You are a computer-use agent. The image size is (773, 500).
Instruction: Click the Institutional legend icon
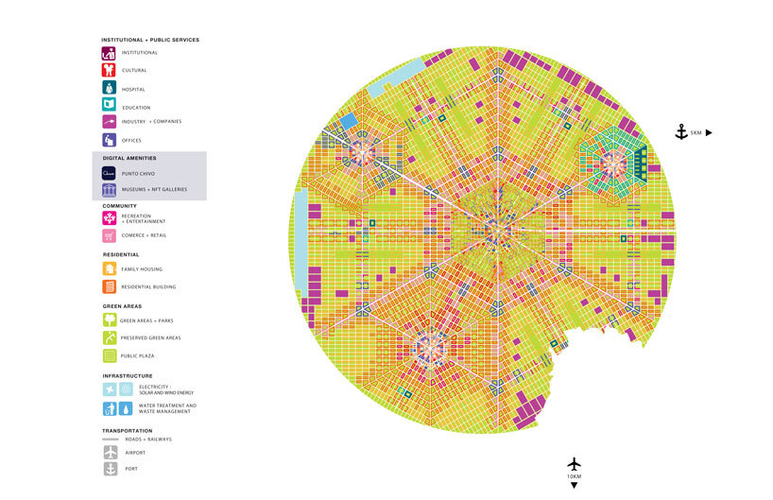pyautogui.click(x=109, y=53)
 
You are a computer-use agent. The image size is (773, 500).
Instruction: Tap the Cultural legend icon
pyautogui.click(x=109, y=70)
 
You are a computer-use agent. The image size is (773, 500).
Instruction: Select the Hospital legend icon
pyautogui.click(x=109, y=88)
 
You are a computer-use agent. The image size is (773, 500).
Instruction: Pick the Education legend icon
pyautogui.click(x=109, y=105)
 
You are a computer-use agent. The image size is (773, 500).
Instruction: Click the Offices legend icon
pyautogui.click(x=109, y=140)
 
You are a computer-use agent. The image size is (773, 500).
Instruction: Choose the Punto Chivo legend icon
pyautogui.click(x=109, y=173)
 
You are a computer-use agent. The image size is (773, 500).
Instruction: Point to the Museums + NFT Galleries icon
pyautogui.click(x=109, y=190)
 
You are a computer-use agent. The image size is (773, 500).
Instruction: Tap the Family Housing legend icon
pyautogui.click(x=109, y=269)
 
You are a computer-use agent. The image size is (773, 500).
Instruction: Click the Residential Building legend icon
pyautogui.click(x=109, y=286)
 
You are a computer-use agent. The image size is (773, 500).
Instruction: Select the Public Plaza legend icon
pyautogui.click(x=109, y=355)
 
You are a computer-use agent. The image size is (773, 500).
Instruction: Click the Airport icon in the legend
pyautogui.click(x=109, y=452)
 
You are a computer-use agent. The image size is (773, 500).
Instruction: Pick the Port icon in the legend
pyautogui.click(x=109, y=469)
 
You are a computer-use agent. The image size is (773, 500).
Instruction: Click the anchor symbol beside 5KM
pyautogui.click(x=680, y=132)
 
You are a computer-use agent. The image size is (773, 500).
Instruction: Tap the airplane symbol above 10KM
pyautogui.click(x=574, y=464)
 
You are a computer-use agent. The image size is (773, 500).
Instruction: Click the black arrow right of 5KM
pyautogui.click(x=709, y=133)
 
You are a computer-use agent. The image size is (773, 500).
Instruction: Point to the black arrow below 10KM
pyautogui.click(x=574, y=486)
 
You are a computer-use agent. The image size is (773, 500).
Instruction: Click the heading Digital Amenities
pyautogui.click(x=129, y=158)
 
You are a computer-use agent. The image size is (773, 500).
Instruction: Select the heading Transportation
pyautogui.click(x=127, y=431)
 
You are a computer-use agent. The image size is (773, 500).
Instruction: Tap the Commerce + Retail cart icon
pyautogui.click(x=109, y=235)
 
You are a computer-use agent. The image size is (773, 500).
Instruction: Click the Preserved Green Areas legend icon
pyautogui.click(x=109, y=337)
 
